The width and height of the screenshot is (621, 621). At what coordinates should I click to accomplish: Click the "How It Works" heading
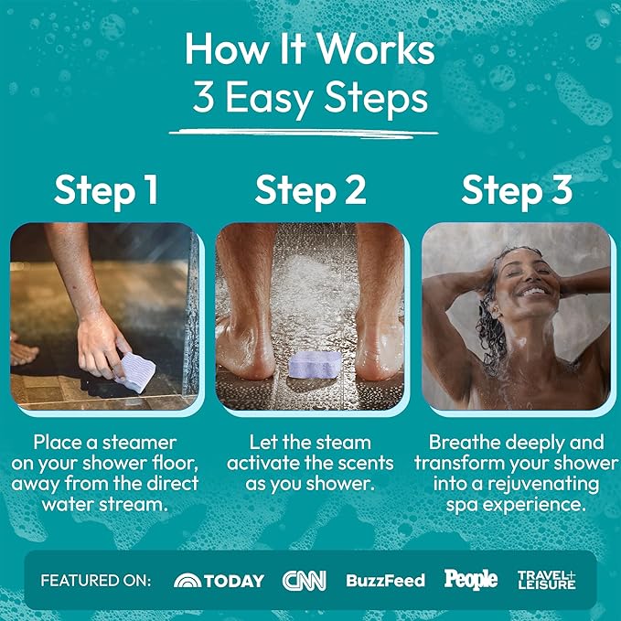tap(310, 48)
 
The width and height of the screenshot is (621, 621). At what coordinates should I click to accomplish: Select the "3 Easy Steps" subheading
tap(311, 99)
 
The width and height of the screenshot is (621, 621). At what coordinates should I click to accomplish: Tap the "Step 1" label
tap(106, 191)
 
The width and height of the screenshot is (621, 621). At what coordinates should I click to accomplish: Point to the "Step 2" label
tap(310, 191)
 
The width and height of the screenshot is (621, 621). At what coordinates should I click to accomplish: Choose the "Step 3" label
tap(517, 191)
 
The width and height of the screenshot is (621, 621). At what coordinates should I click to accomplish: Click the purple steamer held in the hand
tap(135, 372)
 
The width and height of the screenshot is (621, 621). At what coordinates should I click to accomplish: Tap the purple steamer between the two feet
tap(315, 364)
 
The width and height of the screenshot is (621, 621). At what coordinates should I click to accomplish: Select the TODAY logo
tap(219, 581)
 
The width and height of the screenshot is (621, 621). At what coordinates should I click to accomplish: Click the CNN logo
tap(305, 581)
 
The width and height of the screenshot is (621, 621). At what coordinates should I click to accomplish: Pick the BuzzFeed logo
tap(385, 581)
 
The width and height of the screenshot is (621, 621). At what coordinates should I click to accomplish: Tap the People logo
tap(471, 580)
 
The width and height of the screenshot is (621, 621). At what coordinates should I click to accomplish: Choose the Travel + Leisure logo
tap(547, 580)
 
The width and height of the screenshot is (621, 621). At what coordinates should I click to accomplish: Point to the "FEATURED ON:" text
tap(96, 581)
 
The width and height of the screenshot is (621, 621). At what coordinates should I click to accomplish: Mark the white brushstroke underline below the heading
tap(304, 134)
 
